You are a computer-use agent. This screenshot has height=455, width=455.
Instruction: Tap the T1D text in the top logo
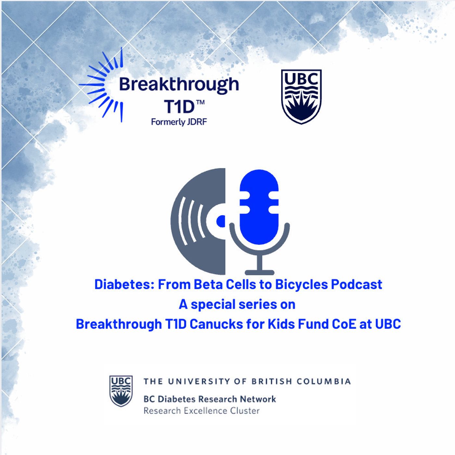point(179,107)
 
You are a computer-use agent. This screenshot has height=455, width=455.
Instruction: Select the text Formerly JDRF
point(179,122)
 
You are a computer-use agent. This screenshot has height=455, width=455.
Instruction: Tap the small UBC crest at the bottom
point(121,391)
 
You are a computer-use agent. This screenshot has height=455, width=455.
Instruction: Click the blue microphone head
point(259,207)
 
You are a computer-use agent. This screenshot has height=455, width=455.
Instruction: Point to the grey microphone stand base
point(259,272)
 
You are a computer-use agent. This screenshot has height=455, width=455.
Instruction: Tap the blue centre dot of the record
point(221,221)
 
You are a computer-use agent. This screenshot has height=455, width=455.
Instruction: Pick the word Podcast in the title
point(357,284)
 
